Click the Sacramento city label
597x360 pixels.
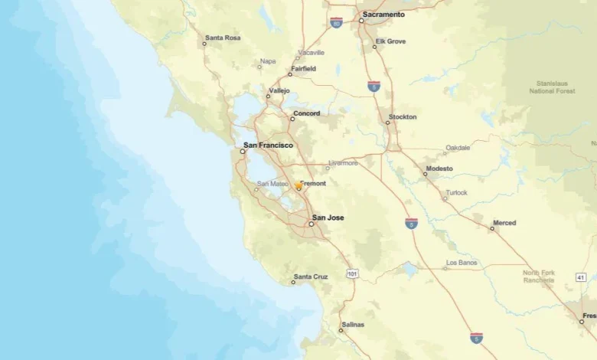(x=383, y=14)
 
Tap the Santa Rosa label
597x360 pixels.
(x=223, y=37)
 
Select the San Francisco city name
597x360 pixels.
(x=268, y=145)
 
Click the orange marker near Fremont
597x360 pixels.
(x=298, y=186)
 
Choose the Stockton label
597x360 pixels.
(x=403, y=117)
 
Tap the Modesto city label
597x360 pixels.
(x=439, y=169)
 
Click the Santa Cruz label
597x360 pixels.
(x=311, y=276)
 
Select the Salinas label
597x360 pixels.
(x=353, y=325)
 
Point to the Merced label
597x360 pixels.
(x=504, y=223)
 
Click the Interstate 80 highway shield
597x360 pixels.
(x=336, y=23)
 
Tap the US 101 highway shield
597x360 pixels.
(x=352, y=273)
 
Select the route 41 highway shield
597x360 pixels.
(x=581, y=277)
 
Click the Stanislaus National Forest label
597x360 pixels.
(x=553, y=87)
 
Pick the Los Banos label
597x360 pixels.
(x=462, y=262)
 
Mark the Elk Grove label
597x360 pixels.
(x=390, y=41)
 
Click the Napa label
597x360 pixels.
(x=267, y=61)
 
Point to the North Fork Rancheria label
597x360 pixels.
(x=539, y=277)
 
